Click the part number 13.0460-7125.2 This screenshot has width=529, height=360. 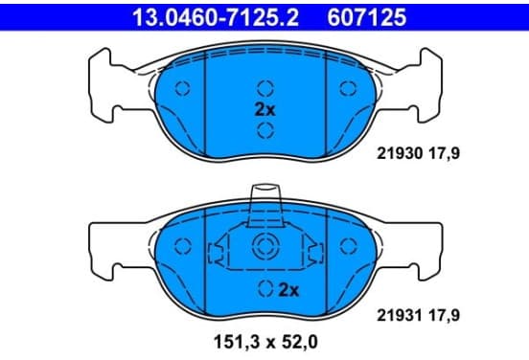(x=216, y=17)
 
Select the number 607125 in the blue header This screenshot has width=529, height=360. (x=367, y=17)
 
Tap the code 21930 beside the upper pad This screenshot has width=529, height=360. (x=400, y=154)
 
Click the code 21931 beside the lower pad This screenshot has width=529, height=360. (x=400, y=316)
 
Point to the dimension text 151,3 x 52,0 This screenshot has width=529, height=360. (x=265, y=343)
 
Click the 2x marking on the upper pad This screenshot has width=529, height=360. (x=264, y=109)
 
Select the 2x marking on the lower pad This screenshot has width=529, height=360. (x=288, y=290)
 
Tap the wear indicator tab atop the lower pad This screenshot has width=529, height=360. (x=264, y=205)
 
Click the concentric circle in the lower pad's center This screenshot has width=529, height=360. (x=264, y=246)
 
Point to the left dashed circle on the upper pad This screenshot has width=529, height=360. (x=182, y=88)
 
